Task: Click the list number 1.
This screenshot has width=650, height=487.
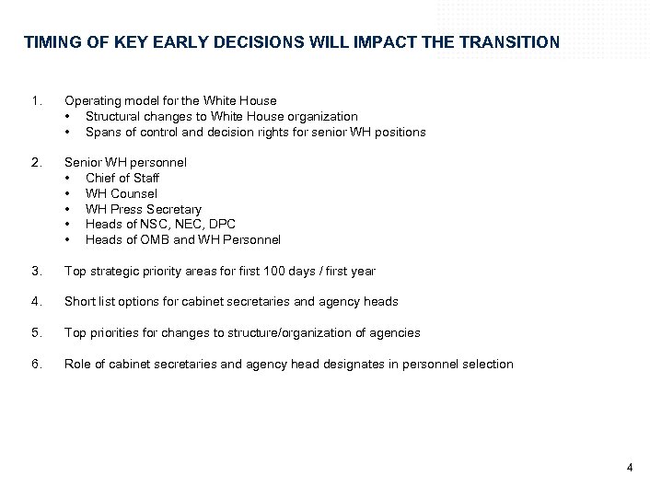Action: tap(35, 100)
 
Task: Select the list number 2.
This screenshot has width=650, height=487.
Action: tap(35, 162)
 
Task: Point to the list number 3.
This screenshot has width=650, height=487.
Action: tap(35, 271)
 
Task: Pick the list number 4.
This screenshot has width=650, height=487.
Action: tap(35, 302)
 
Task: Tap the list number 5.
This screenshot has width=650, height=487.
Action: tap(35, 333)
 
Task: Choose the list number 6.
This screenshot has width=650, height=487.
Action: tap(35, 365)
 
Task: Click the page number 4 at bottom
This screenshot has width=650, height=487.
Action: tap(630, 467)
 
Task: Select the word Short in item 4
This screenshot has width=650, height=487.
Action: tap(79, 302)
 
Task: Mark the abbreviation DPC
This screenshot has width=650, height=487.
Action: tap(220, 225)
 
